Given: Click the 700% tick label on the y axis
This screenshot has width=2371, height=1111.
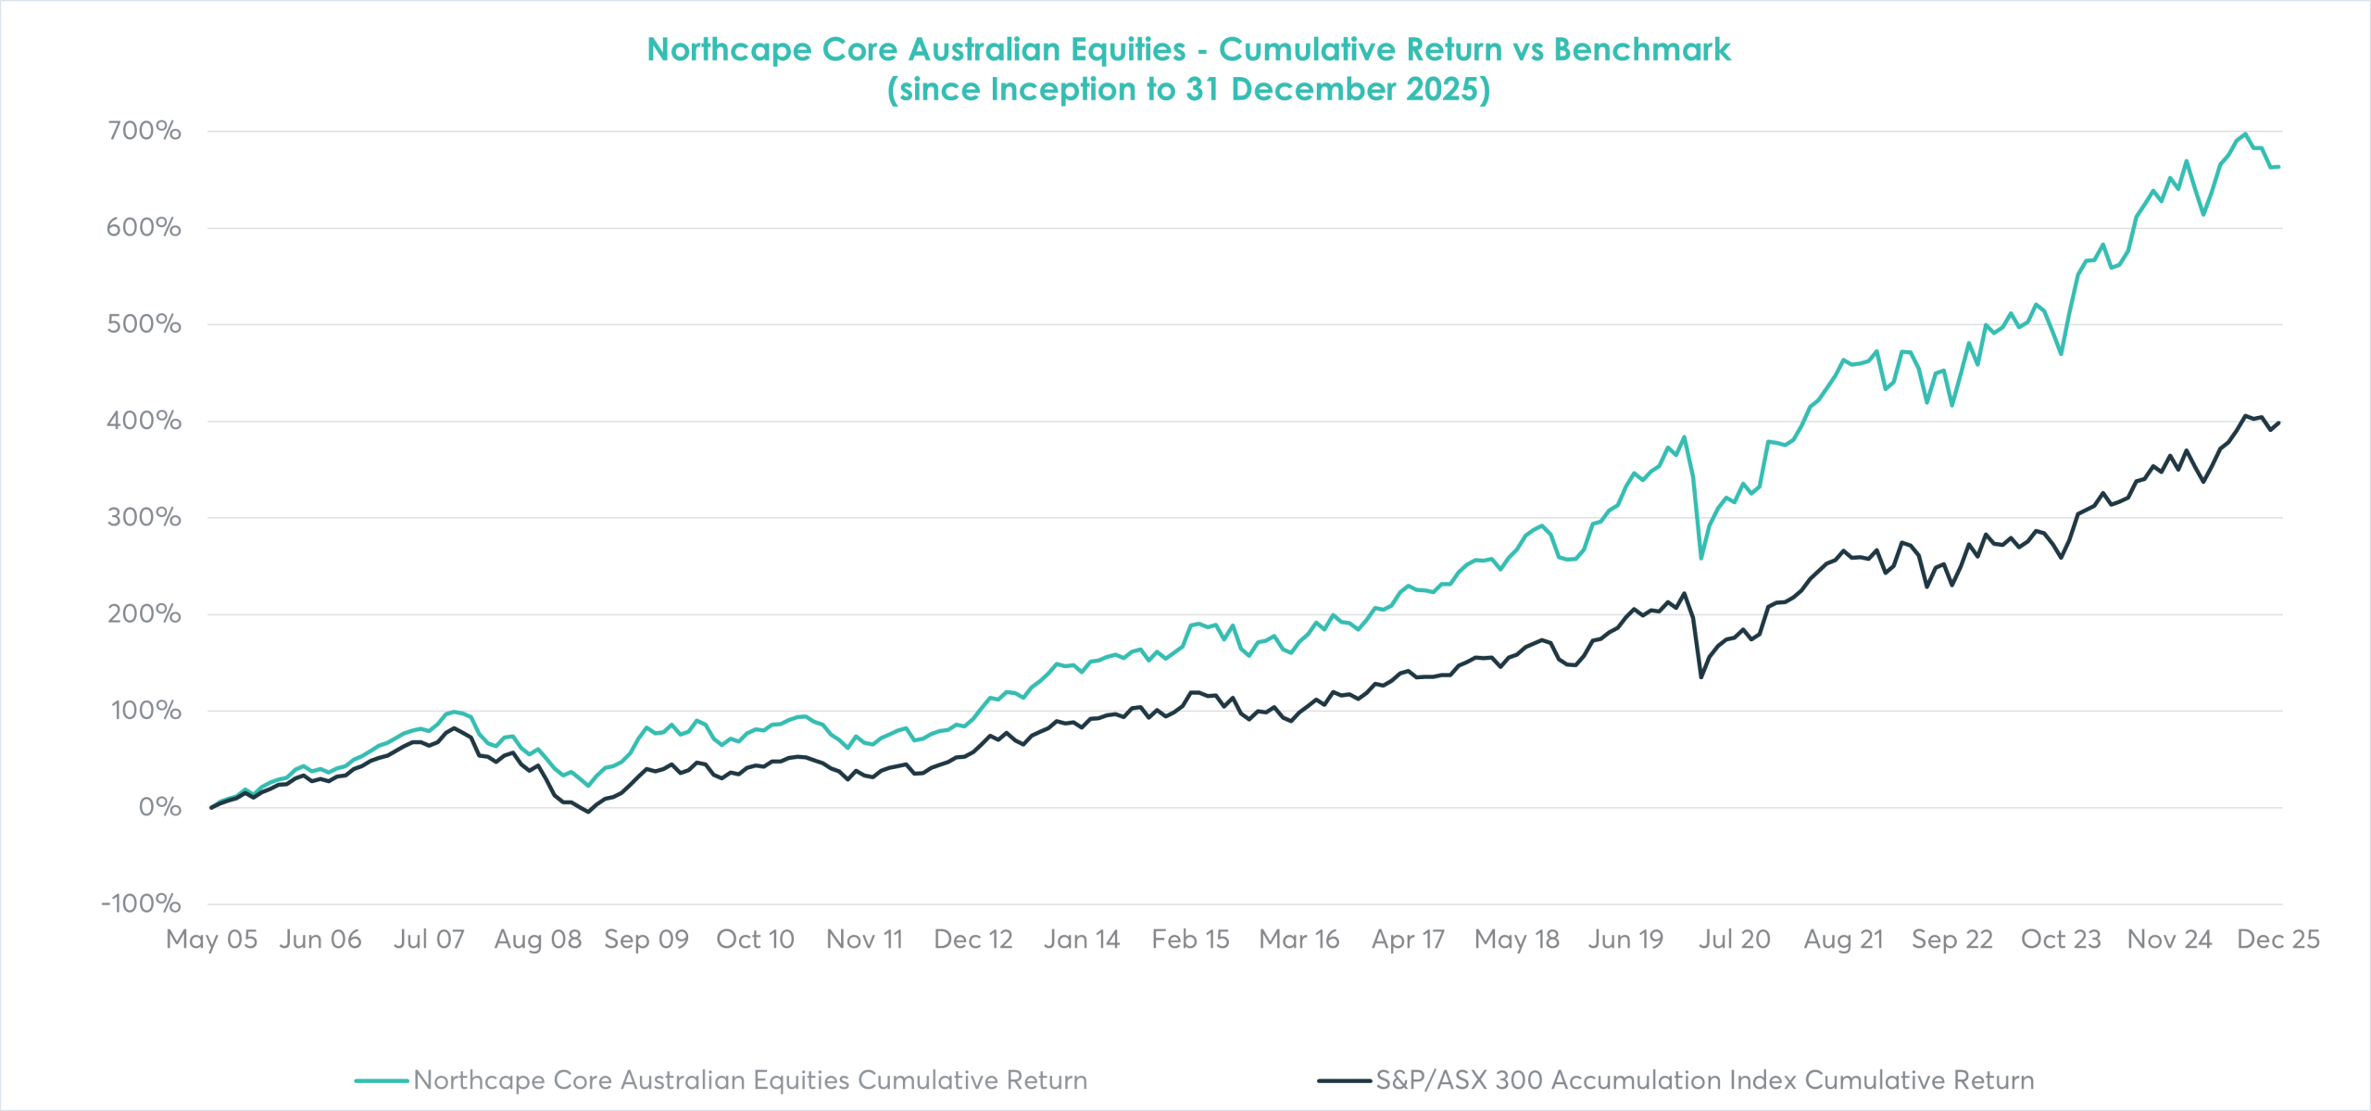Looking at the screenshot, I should coord(144,131).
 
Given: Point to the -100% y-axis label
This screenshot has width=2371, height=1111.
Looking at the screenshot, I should coord(141,903).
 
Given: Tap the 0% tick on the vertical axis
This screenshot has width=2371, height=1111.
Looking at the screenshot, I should coord(159,807).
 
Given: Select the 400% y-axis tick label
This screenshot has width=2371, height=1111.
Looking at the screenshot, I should coord(144,421).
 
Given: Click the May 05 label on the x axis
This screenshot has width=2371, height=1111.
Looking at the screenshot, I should coord(211,940).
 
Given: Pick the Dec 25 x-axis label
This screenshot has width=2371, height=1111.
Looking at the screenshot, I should coord(2277,940).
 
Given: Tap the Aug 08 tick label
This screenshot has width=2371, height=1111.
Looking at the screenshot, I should coord(537,940).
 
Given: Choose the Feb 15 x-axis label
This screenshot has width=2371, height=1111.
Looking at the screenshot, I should coord(1190,940).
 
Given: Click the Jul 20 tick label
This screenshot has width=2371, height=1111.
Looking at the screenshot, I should coord(1734,940).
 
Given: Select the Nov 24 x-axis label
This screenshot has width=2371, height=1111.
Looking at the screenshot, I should coord(2169,940).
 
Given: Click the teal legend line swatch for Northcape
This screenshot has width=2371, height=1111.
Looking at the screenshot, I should coord(382,1080).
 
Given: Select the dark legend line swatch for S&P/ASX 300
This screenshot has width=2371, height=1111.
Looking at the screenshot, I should coord(1345,1080).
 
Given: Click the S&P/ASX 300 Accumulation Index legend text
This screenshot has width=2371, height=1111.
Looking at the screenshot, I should coord(1704,1080).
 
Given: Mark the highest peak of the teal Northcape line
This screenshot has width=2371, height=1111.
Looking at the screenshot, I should coord(2246,134).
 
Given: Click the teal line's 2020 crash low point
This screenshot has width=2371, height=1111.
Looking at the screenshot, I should coord(1701,558).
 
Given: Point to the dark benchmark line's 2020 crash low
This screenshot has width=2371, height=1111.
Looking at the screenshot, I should coord(1701,677).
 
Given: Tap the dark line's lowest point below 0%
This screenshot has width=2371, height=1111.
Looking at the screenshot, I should coord(588,813).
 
